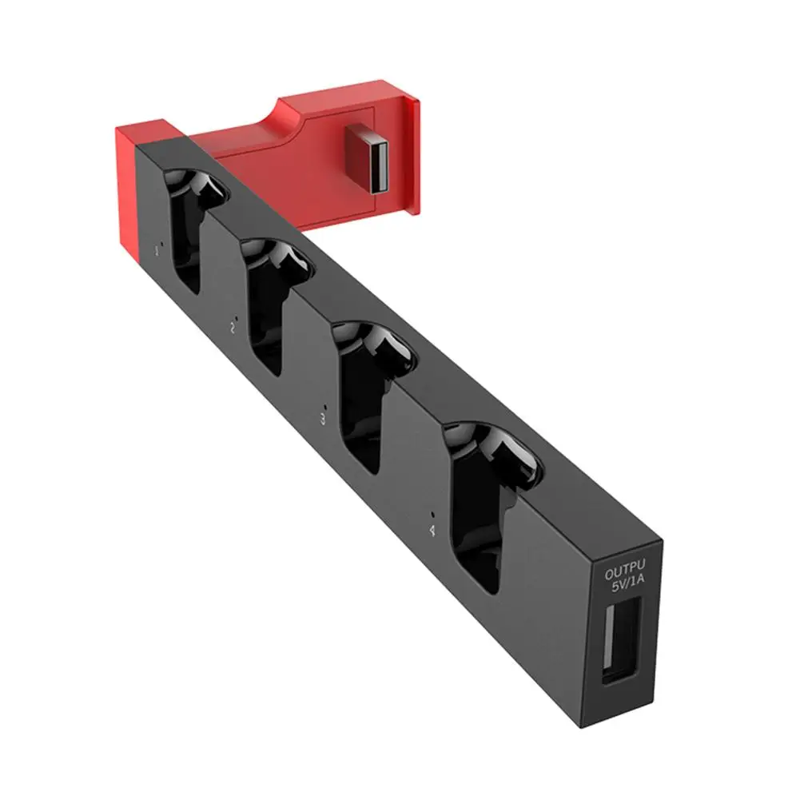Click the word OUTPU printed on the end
(x=623, y=573)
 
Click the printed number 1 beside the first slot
(x=157, y=250)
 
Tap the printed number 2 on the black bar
(x=232, y=328)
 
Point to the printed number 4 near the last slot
(x=432, y=529)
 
